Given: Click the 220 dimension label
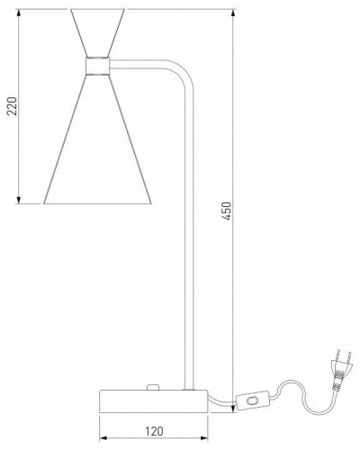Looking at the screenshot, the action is pyautogui.click(x=13, y=106).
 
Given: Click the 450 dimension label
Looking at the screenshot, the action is pyautogui.click(x=227, y=211).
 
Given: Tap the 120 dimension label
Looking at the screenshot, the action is pyautogui.click(x=154, y=431).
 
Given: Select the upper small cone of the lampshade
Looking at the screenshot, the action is pyautogui.click(x=97, y=33).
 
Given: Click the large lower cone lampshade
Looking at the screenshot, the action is pyautogui.click(x=97, y=139).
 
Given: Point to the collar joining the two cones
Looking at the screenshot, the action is pyautogui.click(x=97, y=66).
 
